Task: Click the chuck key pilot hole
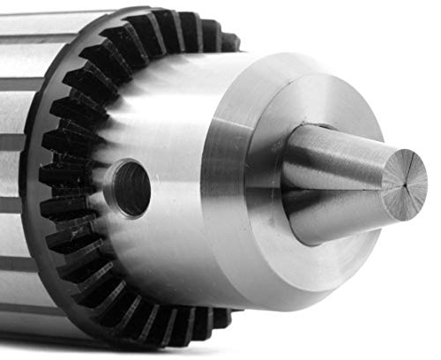click(x=131, y=188)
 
